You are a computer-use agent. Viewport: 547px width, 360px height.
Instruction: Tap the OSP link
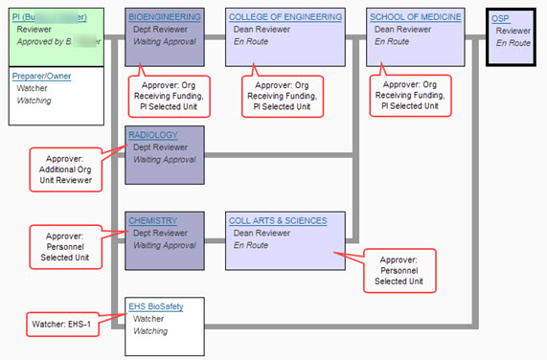[x=500, y=18]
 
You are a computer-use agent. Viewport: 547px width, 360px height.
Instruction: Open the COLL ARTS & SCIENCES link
[x=278, y=220]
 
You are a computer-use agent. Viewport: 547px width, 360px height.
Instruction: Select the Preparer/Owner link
[x=42, y=76]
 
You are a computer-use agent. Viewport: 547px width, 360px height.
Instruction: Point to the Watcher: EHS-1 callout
[x=62, y=323]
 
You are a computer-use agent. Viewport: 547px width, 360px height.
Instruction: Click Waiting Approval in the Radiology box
[x=164, y=160]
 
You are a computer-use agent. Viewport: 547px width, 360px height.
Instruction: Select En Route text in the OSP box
[x=513, y=43]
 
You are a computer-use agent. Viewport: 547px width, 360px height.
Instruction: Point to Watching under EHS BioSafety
[x=150, y=331]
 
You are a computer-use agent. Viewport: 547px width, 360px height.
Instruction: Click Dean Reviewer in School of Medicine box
[x=405, y=30]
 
